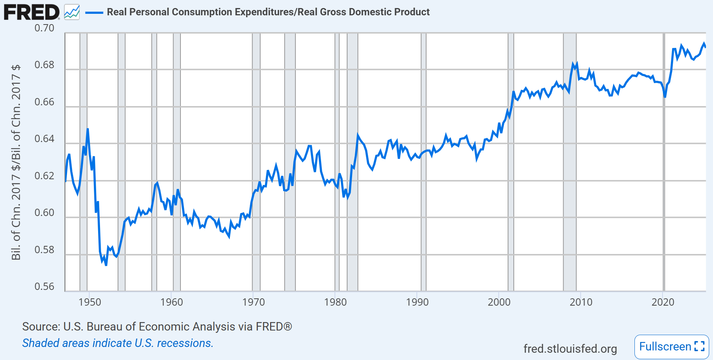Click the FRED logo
pyautogui.click(x=31, y=12)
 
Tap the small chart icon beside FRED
pyautogui.click(x=72, y=12)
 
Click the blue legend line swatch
pyautogui.click(x=94, y=12)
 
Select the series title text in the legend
pyautogui.click(x=268, y=12)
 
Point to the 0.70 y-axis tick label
pyautogui.click(x=44, y=28)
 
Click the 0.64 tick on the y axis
pyautogui.click(x=44, y=139)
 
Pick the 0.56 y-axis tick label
pyautogui.click(x=44, y=287)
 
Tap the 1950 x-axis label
pyautogui.click(x=90, y=302)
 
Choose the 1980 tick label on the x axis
pyautogui.click(x=335, y=302)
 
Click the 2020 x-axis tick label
pyautogui.click(x=663, y=302)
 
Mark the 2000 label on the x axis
pyautogui.click(x=499, y=302)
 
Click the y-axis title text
pyautogui.click(x=16, y=162)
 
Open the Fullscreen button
pyautogui.click(x=672, y=347)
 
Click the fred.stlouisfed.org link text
pyautogui.click(x=570, y=349)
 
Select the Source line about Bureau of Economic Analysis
pyautogui.click(x=157, y=327)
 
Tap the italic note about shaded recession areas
pyautogui.click(x=118, y=343)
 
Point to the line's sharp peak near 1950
pyautogui.click(x=88, y=129)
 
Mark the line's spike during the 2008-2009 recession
pyautogui.click(x=573, y=64)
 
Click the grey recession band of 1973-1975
pyautogui.click(x=290, y=161)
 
